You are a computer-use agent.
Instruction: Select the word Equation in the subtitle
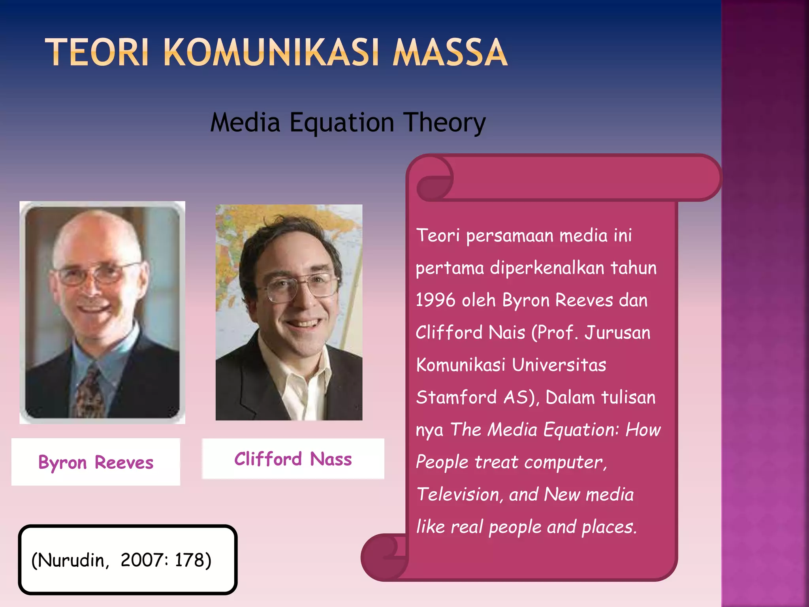click(x=342, y=123)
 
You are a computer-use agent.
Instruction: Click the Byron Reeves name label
click(x=96, y=462)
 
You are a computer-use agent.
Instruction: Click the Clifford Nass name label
click(x=293, y=459)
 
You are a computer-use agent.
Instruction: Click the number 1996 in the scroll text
click(x=435, y=300)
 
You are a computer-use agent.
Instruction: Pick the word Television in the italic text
click(x=459, y=494)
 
